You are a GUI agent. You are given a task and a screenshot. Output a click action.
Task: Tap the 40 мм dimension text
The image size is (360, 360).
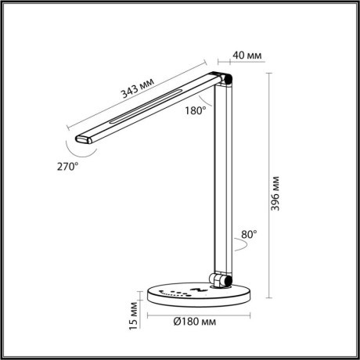[x=248, y=56]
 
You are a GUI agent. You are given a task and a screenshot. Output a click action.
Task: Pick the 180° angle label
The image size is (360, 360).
[x=196, y=110]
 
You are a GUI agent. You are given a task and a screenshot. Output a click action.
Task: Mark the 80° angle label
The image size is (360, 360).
[x=250, y=233]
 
